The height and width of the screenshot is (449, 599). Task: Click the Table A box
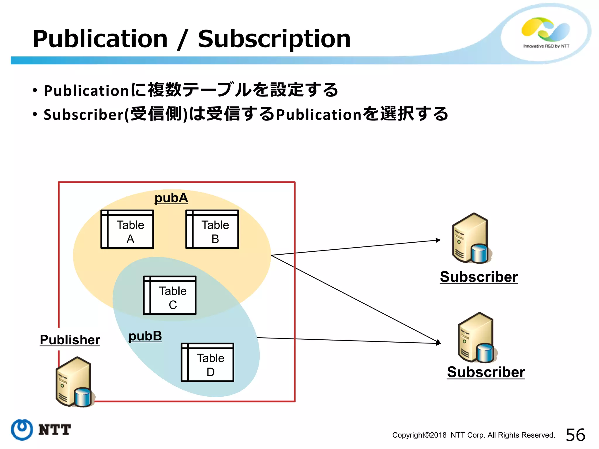coord(127,229)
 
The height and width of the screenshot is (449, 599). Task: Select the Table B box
coord(212,229)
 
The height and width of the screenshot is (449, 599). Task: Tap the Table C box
coord(170,295)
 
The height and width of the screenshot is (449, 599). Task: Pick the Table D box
coord(207,362)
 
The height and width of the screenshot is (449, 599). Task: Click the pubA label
coord(171,198)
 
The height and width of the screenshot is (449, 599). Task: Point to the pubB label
coord(145,336)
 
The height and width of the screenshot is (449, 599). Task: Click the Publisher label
coord(70,340)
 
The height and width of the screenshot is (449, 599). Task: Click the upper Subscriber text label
coord(479,277)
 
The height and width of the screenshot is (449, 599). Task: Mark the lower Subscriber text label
coord(486,372)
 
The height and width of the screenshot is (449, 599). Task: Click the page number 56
coord(575,435)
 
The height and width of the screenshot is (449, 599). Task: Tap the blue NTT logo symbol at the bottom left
coord(22,430)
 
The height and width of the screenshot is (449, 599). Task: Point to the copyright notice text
coord(474,435)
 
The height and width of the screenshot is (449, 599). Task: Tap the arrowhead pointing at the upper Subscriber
coord(438,240)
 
